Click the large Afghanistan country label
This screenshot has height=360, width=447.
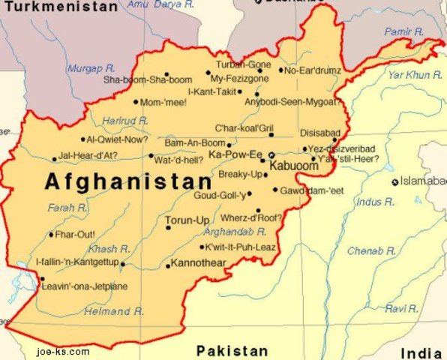pyautogui.click(x=128, y=181)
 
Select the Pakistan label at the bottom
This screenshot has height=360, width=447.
pyautogui.click(x=232, y=350)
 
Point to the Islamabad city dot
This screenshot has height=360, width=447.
pyautogui.click(x=394, y=182)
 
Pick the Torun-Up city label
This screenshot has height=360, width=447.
pyautogui.click(x=187, y=220)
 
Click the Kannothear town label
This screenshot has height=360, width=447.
pyautogui.click(x=198, y=263)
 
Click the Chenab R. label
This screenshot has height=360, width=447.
pyautogui.click(x=372, y=250)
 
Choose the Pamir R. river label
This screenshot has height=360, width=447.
pyautogui.click(x=403, y=31)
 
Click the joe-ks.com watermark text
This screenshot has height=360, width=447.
pyautogui.click(x=62, y=351)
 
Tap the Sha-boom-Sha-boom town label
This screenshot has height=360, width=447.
pyautogui.click(x=148, y=79)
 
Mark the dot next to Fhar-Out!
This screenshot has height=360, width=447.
pyautogui.click(x=51, y=235)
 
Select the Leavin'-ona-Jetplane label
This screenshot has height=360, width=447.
pyautogui.click(x=84, y=286)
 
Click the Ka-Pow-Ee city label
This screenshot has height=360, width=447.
pyautogui.click(x=235, y=154)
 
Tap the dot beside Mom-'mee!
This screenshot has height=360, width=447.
pyautogui.click(x=136, y=102)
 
